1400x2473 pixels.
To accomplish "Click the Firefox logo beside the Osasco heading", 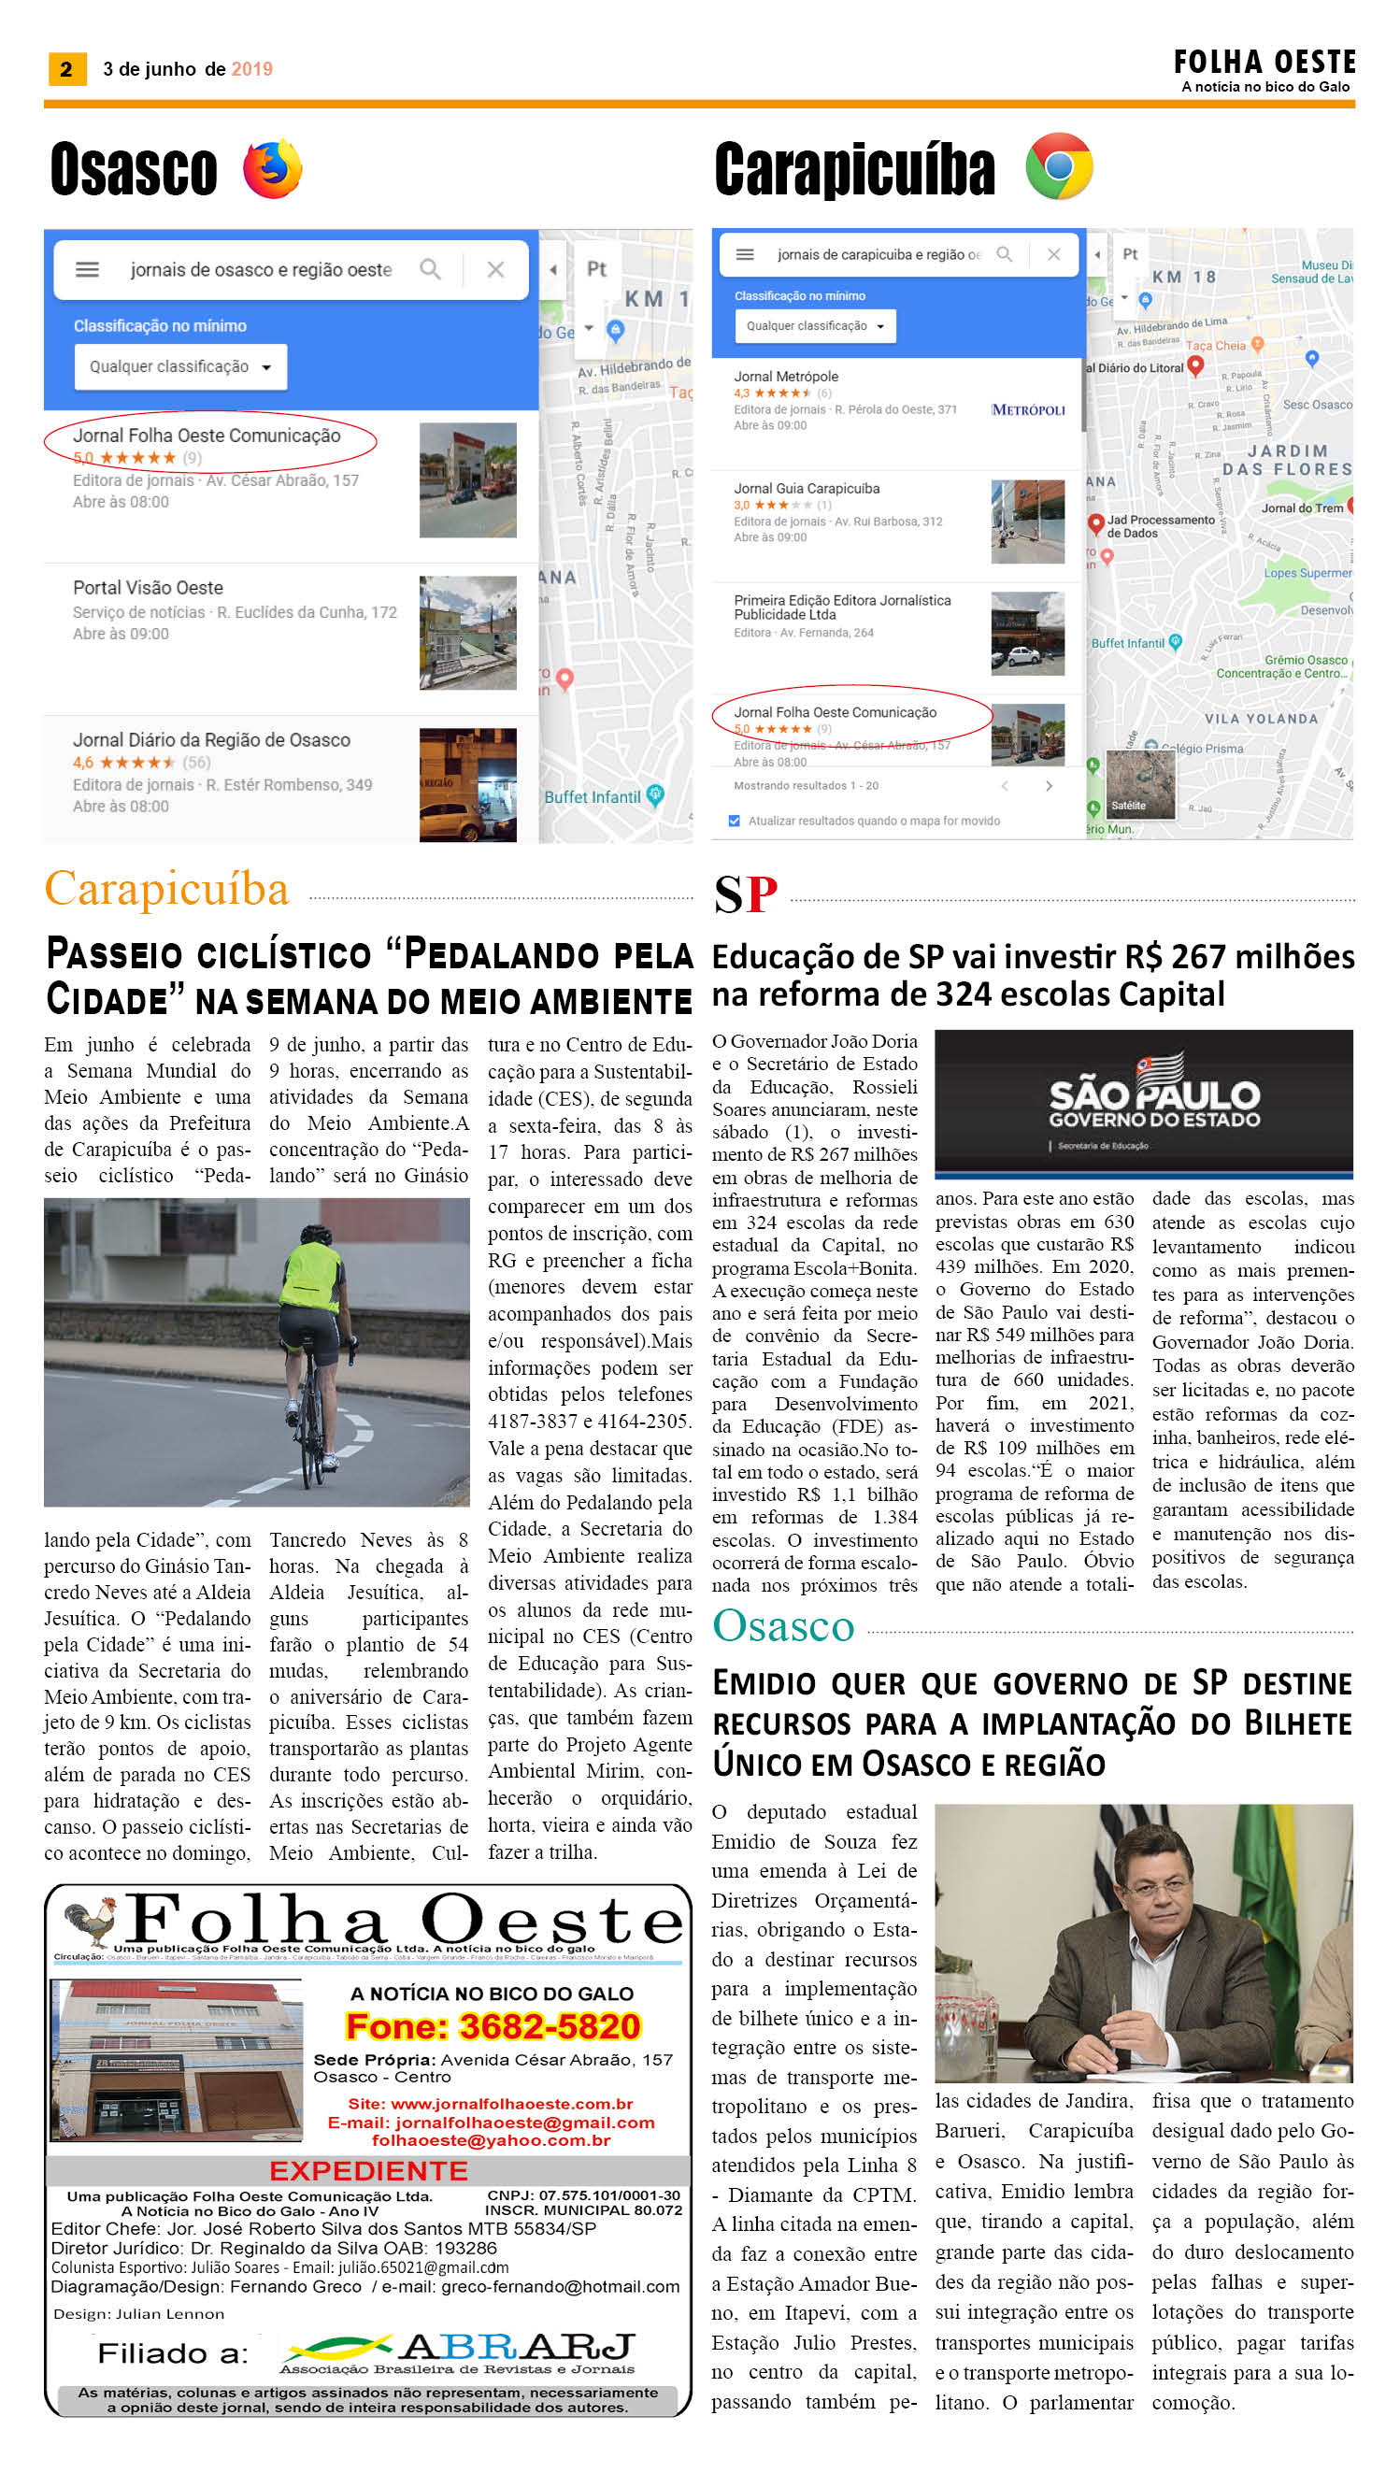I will point(272,169).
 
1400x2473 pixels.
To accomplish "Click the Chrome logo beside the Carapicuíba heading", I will point(1059,166).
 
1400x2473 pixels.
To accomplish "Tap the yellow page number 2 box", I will point(66,69).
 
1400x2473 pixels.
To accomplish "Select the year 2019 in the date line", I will point(252,69).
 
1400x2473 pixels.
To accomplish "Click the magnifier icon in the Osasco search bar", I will point(430,269).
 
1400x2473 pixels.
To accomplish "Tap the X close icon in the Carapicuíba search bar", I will point(1054,255).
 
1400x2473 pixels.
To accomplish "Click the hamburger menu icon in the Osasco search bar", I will point(88,269).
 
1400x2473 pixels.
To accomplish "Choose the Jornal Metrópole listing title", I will point(786,377).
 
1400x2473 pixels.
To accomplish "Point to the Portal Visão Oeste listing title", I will point(148,588).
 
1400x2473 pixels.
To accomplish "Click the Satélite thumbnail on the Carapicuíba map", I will point(1140,783).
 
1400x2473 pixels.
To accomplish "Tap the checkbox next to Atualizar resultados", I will point(735,822).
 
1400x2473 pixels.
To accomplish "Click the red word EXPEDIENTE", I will point(368,2170).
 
